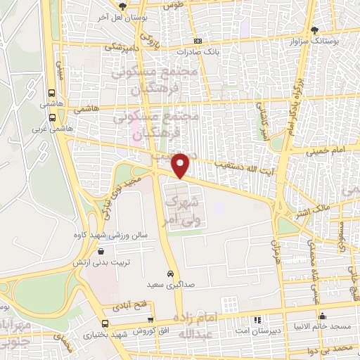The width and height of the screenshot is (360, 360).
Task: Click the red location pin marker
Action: (x=181, y=166)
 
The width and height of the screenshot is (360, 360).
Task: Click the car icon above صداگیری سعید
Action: (x=170, y=273)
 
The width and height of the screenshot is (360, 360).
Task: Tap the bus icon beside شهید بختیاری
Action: (x=105, y=324)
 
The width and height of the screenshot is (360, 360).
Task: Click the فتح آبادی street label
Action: (x=126, y=307)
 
